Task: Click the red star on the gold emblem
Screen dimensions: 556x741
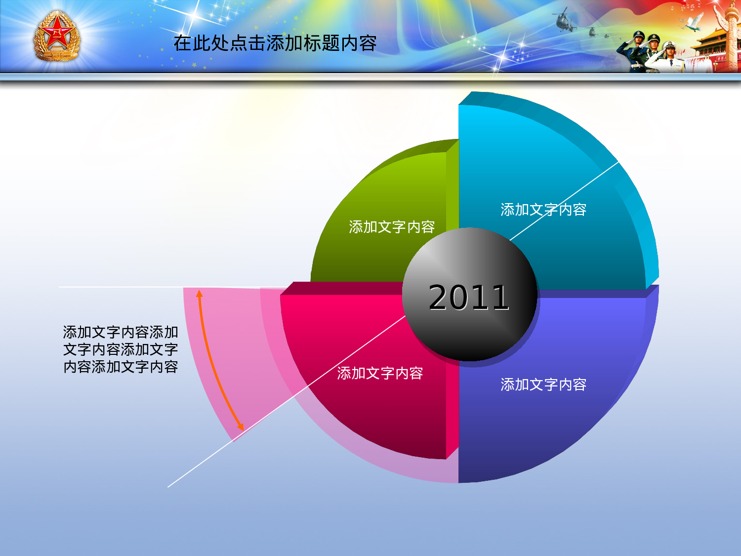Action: tap(57, 34)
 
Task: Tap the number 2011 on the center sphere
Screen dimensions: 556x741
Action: tap(469, 298)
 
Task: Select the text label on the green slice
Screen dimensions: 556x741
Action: tap(392, 227)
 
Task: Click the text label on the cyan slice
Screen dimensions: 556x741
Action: tap(543, 210)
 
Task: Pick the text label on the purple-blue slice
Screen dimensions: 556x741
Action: tap(543, 385)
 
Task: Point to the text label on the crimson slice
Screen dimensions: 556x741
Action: tap(380, 373)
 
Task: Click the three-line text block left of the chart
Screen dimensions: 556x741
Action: tap(121, 349)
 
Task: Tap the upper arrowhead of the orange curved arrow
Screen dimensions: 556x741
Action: tap(199, 294)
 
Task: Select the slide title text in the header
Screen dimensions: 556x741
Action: tap(275, 43)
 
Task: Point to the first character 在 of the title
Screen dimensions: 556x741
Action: tap(182, 43)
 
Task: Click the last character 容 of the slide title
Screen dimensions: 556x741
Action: tap(368, 43)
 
